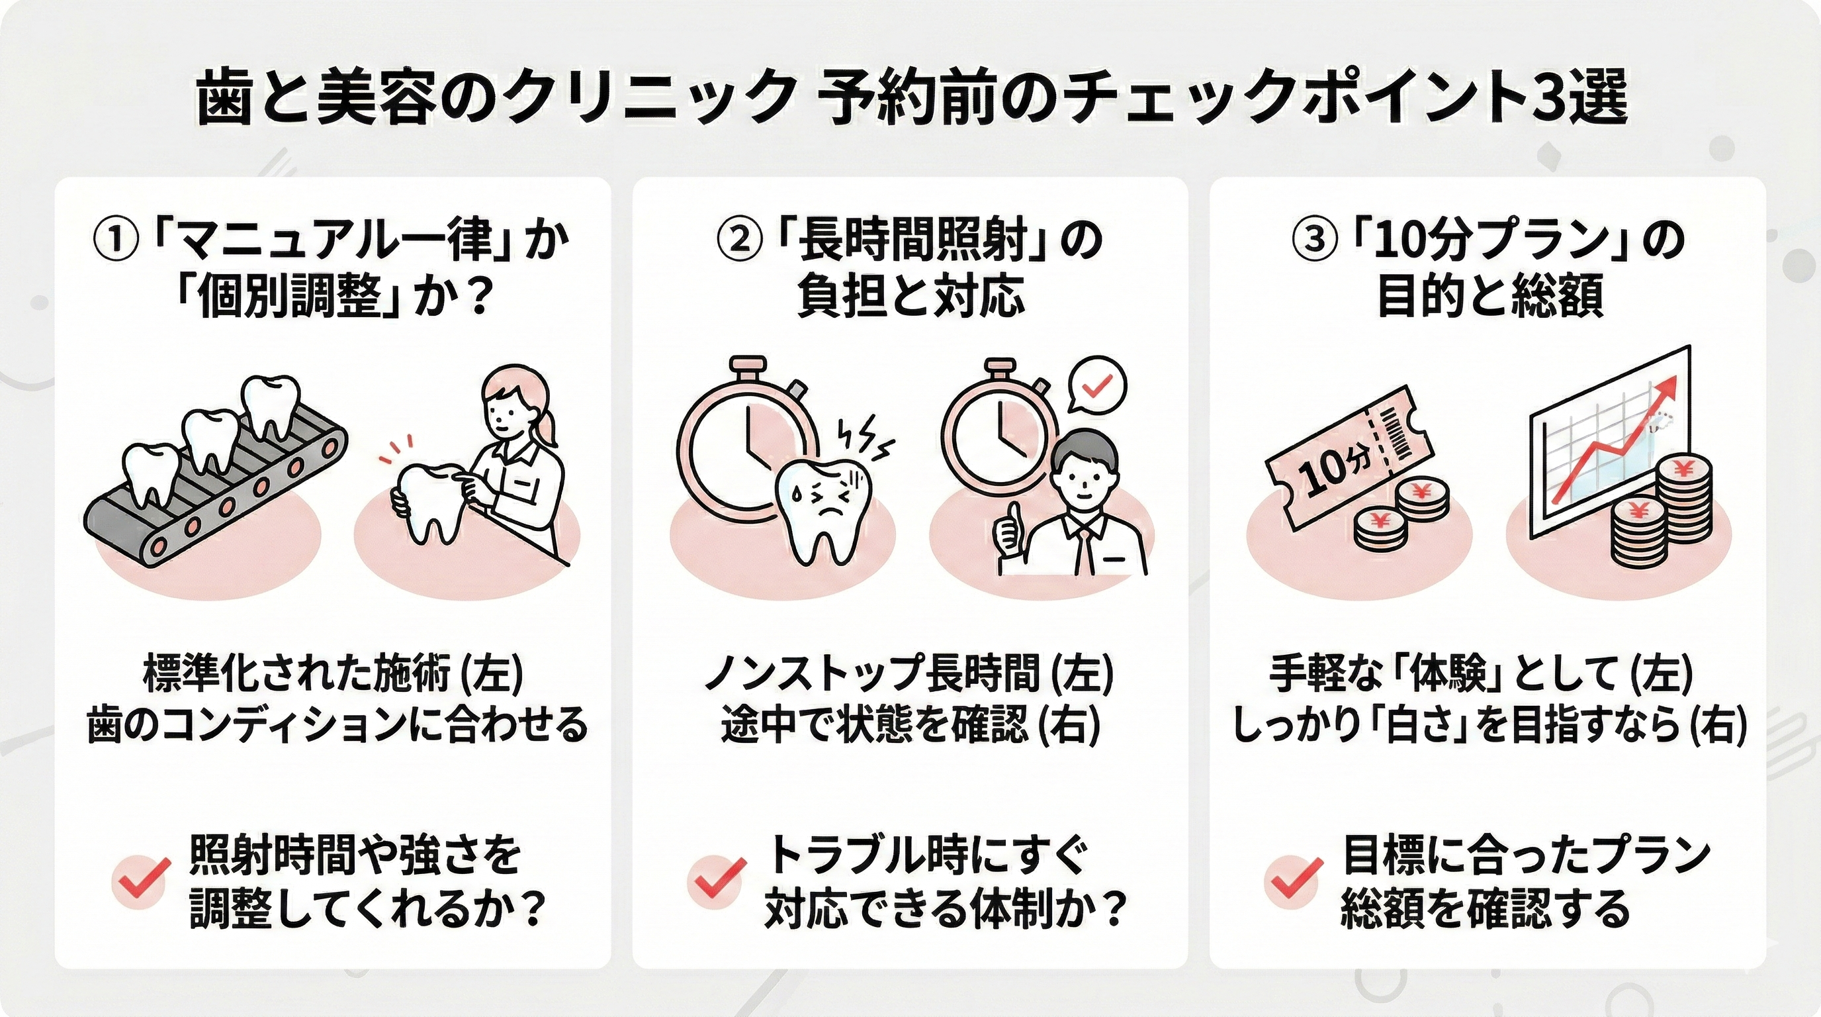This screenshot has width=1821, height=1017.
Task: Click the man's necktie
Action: click(x=1083, y=552)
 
